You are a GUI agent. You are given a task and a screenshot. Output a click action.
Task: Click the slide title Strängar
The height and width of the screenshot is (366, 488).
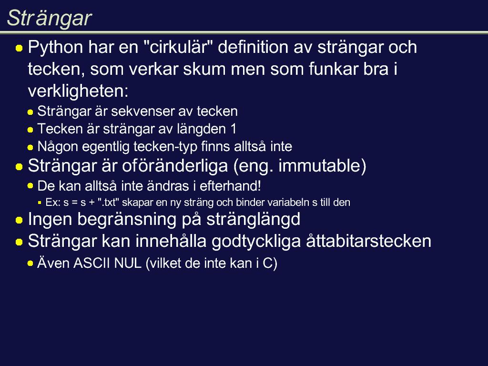tap(49, 19)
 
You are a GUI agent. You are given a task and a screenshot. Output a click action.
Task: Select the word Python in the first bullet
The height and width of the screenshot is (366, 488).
tap(56, 48)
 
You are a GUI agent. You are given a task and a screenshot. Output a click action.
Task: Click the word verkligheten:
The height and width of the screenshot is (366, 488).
tap(78, 91)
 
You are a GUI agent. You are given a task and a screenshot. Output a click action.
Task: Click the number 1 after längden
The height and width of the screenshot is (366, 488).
tap(234, 129)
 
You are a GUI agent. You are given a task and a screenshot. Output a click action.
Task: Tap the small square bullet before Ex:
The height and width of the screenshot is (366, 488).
tap(40, 203)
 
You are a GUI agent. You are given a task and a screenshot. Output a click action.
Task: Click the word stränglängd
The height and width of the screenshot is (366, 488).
tap(254, 220)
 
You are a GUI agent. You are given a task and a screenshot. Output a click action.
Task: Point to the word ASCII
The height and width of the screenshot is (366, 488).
tap(92, 263)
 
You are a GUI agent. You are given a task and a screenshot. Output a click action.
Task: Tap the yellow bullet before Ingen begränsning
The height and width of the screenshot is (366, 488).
tap(19, 220)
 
